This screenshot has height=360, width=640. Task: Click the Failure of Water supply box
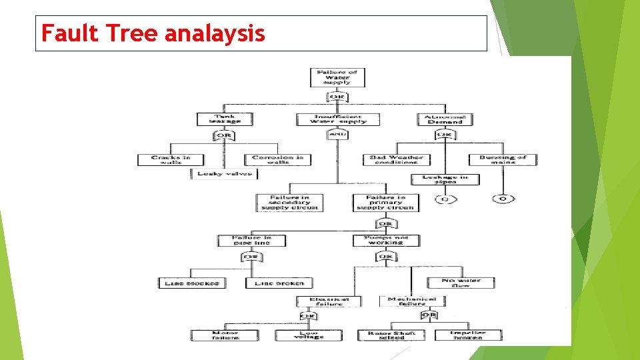click(x=337, y=77)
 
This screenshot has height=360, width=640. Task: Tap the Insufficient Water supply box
click(x=337, y=119)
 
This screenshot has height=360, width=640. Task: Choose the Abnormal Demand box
click(x=444, y=119)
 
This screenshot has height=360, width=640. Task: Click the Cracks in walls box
click(x=171, y=160)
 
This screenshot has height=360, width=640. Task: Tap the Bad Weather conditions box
click(x=396, y=160)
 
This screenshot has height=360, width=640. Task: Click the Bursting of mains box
click(x=503, y=160)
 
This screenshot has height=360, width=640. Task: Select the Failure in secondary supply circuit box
click(x=289, y=203)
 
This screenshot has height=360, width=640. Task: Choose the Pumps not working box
click(x=387, y=240)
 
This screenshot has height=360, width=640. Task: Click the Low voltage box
click(x=309, y=335)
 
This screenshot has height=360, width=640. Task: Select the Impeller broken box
click(x=468, y=335)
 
